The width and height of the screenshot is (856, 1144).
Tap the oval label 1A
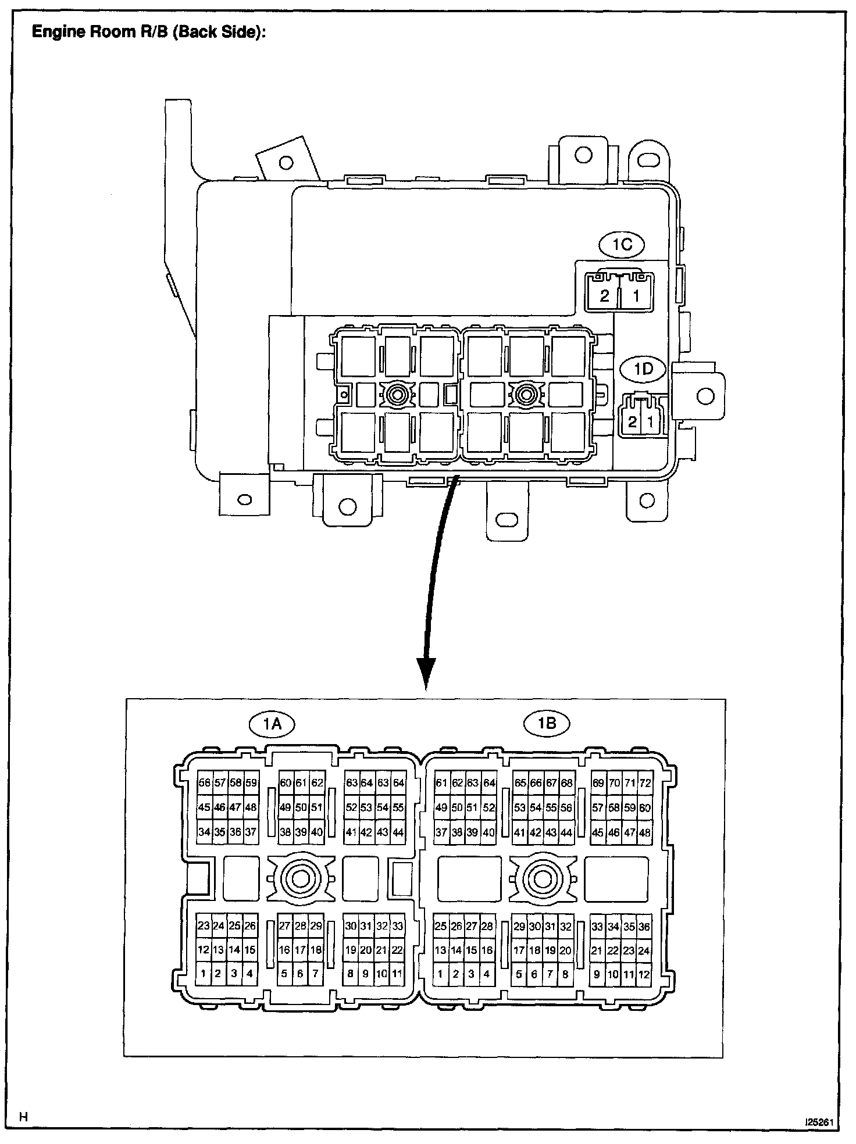(272, 724)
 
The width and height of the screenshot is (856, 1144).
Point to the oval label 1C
(622, 244)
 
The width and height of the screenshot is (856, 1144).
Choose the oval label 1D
(643, 369)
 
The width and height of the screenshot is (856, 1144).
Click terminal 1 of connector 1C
(636, 295)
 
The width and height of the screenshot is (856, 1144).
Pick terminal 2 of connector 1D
(632, 423)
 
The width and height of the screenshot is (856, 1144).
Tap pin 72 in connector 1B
(644, 783)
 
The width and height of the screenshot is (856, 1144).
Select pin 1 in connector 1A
(204, 974)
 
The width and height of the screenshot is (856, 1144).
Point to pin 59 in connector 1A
(251, 783)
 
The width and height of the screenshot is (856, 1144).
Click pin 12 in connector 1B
(644, 974)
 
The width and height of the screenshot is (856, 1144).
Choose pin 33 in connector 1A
(397, 926)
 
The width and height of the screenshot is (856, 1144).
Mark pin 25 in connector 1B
(441, 926)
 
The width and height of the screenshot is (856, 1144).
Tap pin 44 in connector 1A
(397, 832)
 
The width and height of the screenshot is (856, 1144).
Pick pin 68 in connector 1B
(566, 783)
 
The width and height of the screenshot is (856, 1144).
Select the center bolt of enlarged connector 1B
(543, 879)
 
